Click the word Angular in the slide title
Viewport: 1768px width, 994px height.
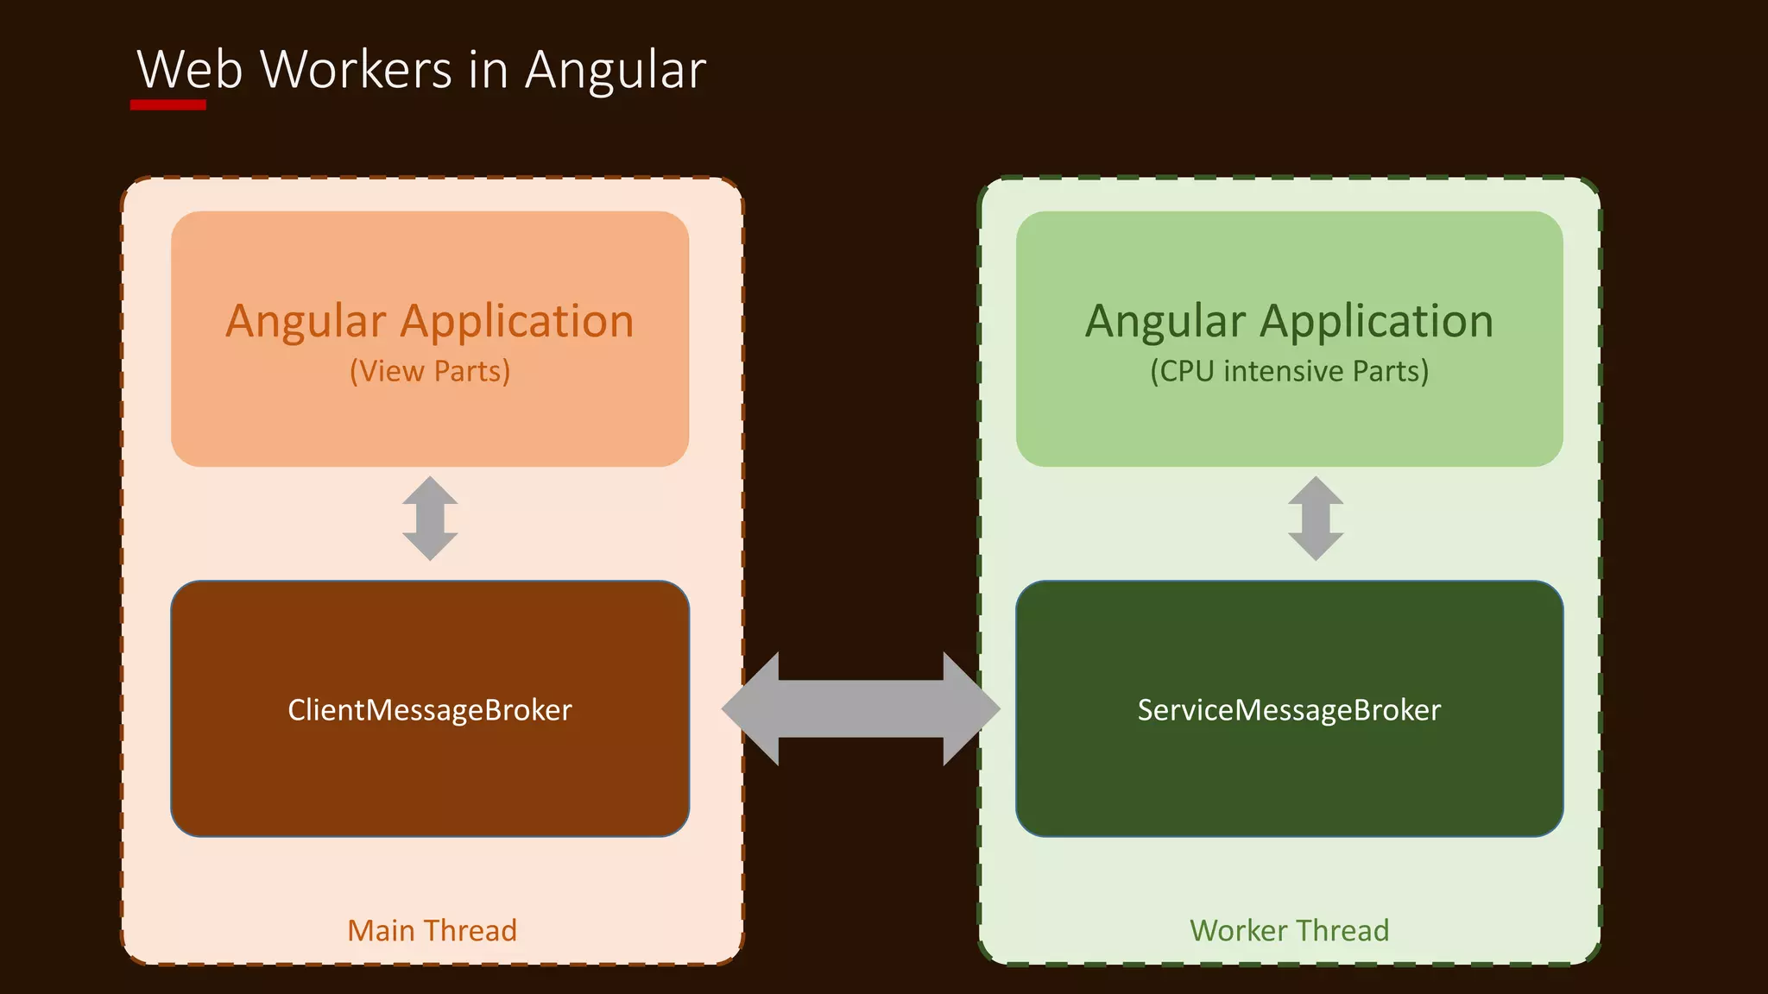(616, 71)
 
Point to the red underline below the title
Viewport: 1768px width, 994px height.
(168, 105)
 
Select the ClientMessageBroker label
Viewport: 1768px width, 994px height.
(429, 709)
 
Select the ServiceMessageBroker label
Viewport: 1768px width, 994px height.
(1289, 709)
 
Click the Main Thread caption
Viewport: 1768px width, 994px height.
(432, 930)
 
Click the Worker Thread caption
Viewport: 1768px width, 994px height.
(1289, 930)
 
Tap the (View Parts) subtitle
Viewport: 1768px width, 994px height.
(429, 371)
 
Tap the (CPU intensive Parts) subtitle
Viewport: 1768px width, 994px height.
(1289, 371)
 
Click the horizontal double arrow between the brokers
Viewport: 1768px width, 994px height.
(861, 708)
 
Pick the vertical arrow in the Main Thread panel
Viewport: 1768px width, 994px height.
(430, 519)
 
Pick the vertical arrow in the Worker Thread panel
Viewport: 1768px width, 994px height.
(1316, 519)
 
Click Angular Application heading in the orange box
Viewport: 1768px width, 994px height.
(429, 321)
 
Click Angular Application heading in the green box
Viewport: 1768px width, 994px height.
(1289, 321)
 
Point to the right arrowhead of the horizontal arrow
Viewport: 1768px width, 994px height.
(971, 708)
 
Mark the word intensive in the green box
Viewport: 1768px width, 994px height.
(1283, 371)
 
